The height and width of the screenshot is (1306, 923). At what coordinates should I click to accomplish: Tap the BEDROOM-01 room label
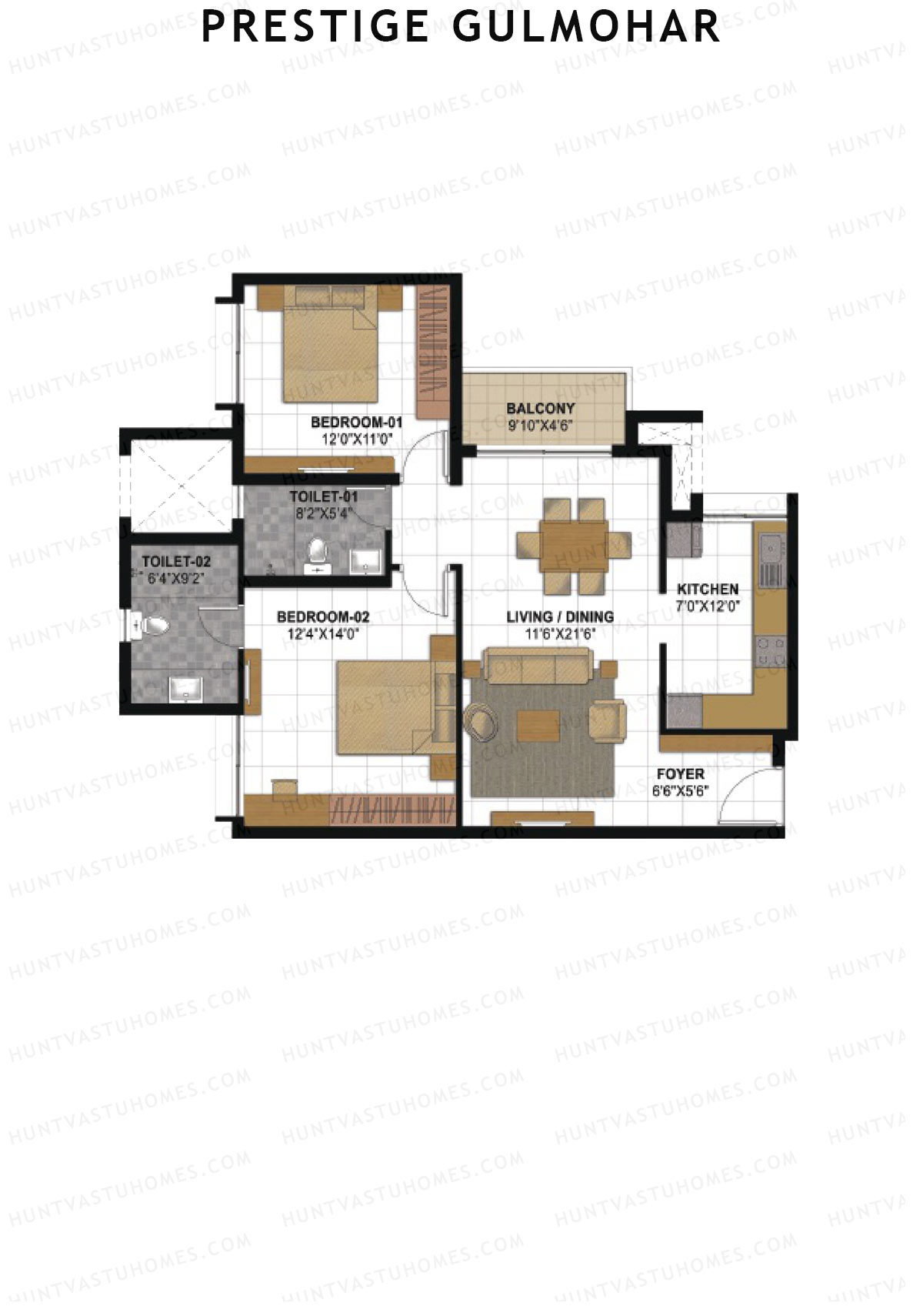tap(356, 423)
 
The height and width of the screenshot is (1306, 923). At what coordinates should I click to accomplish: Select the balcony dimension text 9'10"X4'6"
tap(541, 426)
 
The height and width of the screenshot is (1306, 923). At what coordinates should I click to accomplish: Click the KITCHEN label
tap(708, 589)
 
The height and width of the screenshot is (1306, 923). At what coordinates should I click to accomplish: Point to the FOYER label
tap(680, 773)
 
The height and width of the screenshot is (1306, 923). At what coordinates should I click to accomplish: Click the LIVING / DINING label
tap(560, 616)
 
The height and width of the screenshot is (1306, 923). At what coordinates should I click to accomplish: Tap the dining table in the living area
tap(574, 545)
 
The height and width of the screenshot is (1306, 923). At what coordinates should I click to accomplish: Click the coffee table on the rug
tap(538, 725)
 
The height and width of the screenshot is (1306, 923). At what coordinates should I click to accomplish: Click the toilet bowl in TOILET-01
tap(317, 553)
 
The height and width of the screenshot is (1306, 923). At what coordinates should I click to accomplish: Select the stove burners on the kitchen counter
tap(771, 650)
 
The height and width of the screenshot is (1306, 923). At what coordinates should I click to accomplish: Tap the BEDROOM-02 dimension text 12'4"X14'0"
tap(323, 634)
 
